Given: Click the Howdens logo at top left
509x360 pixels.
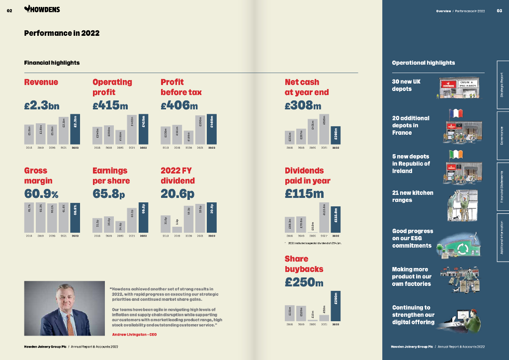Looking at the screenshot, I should pos(42,9).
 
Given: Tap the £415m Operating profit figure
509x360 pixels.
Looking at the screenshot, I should pos(110,105).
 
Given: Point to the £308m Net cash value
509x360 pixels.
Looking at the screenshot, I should pos(303,105).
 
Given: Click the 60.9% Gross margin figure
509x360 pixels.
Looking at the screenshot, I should pos(41,193).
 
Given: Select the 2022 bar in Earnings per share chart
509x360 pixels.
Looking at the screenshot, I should pos(143,217).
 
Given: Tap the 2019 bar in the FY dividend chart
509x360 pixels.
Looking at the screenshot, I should pos(177,229).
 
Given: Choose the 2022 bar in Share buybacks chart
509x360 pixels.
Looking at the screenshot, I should pos(336,306).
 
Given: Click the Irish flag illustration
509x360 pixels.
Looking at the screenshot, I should pos(456,154).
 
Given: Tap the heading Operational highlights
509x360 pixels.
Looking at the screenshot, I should pos(423,63).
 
